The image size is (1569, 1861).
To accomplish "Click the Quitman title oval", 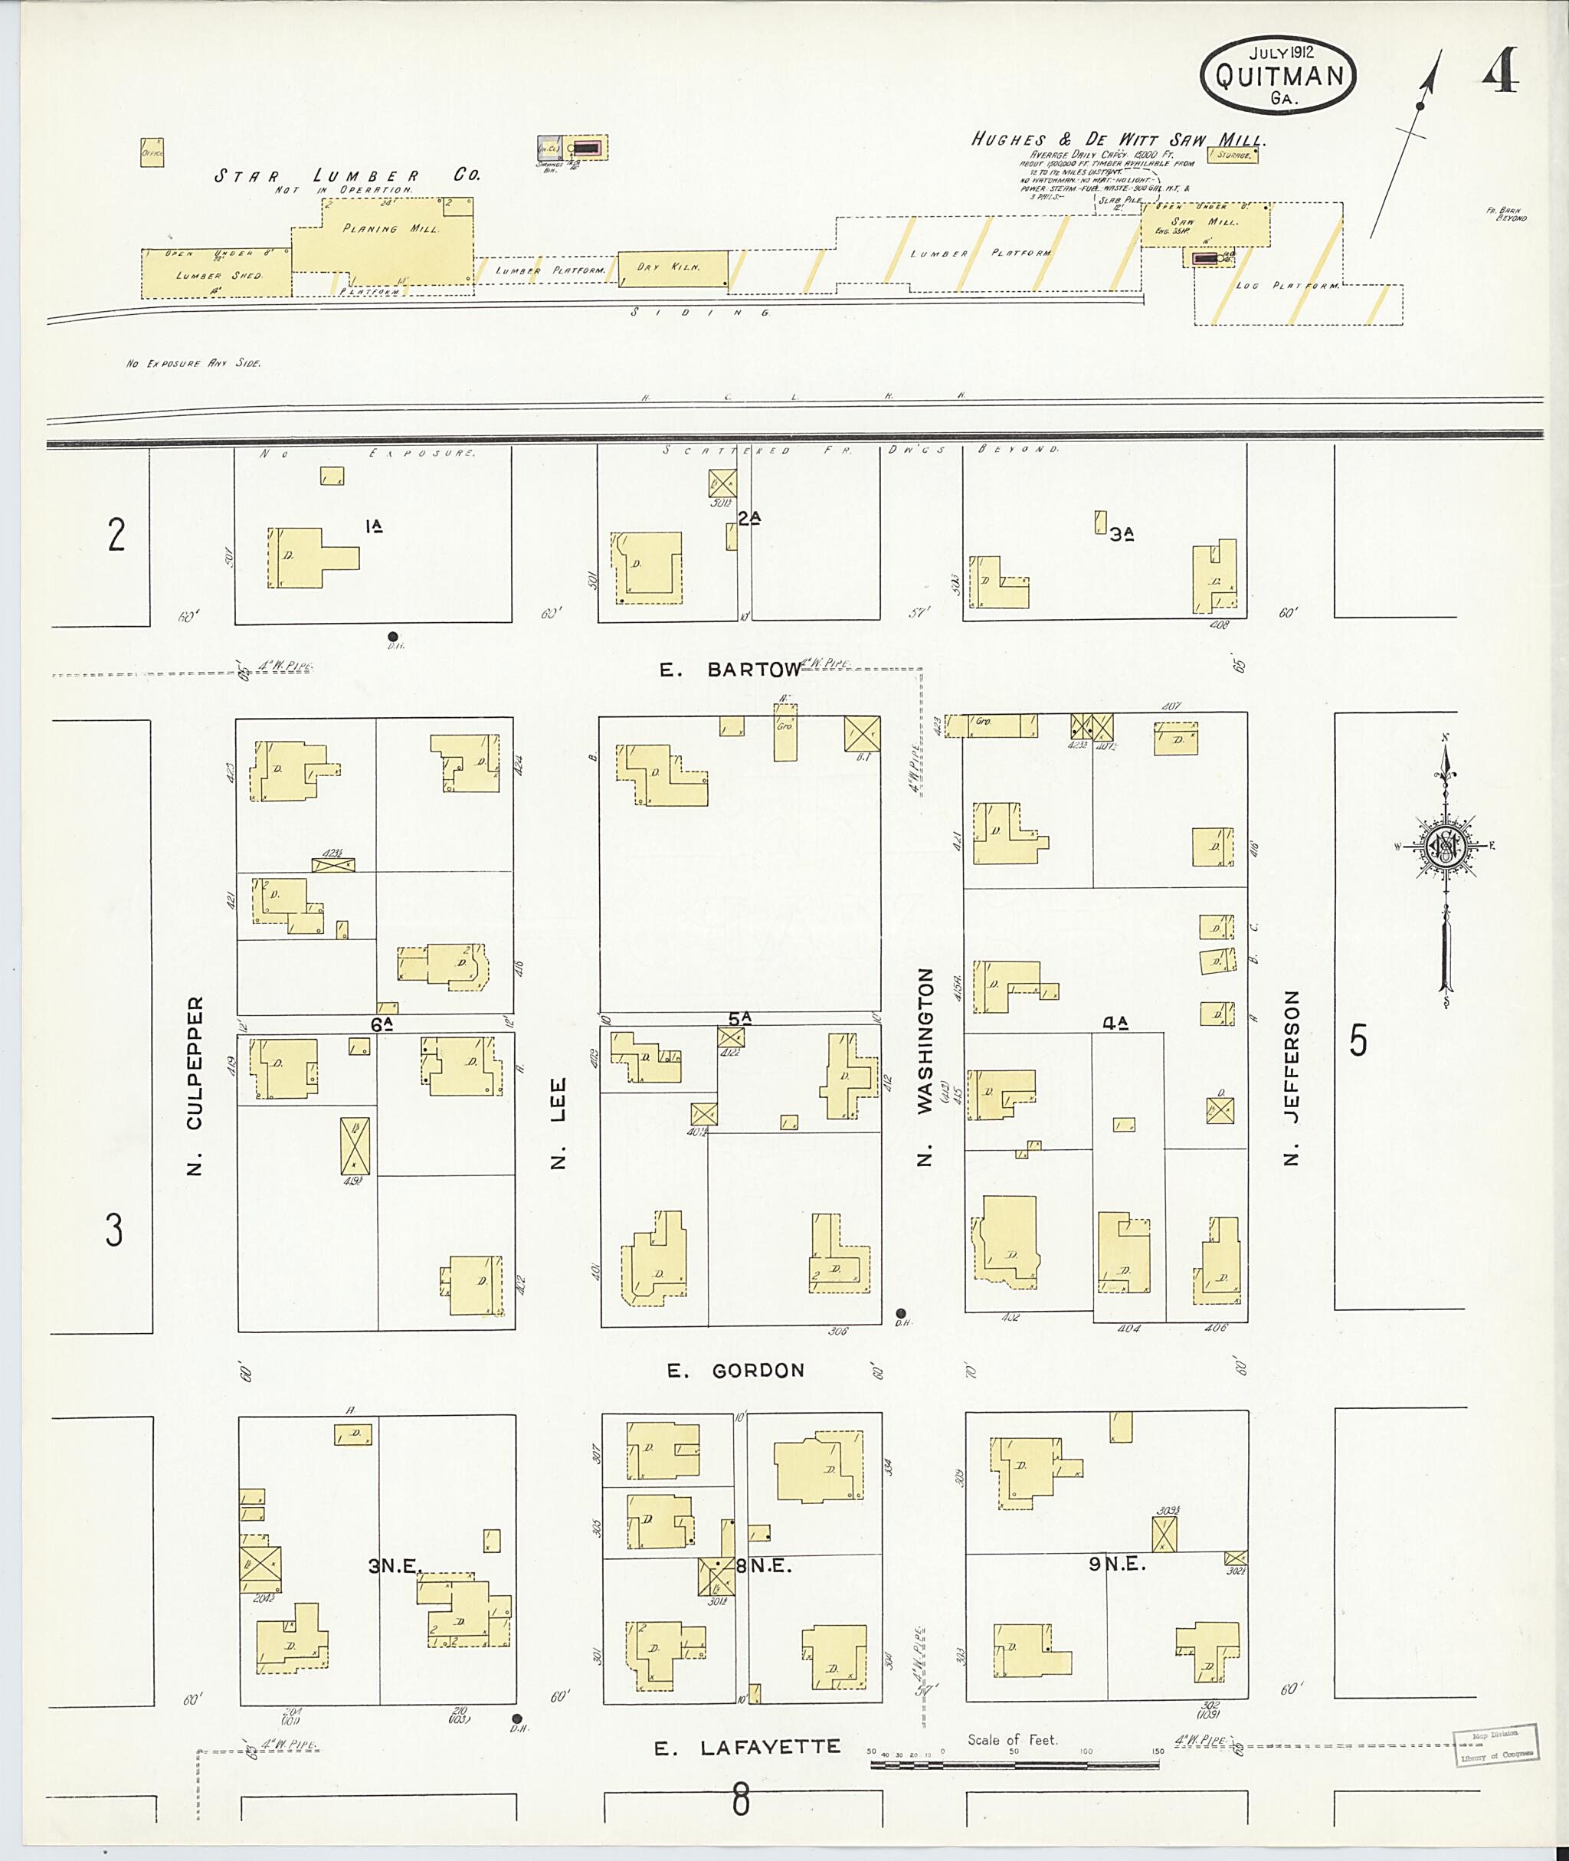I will click(1278, 76).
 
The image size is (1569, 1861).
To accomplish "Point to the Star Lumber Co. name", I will click(347, 175).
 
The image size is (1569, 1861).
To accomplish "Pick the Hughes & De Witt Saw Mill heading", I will click(1117, 139).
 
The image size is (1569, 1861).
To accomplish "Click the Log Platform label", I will click(1287, 287).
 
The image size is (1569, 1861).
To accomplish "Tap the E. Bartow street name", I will click(729, 670).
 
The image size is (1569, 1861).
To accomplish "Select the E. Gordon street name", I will click(735, 1371).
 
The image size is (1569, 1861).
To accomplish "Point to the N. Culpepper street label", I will click(195, 1086).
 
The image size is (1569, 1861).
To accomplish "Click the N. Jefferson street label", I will click(1292, 1077).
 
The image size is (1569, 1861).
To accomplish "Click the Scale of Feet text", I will click(1012, 1739).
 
